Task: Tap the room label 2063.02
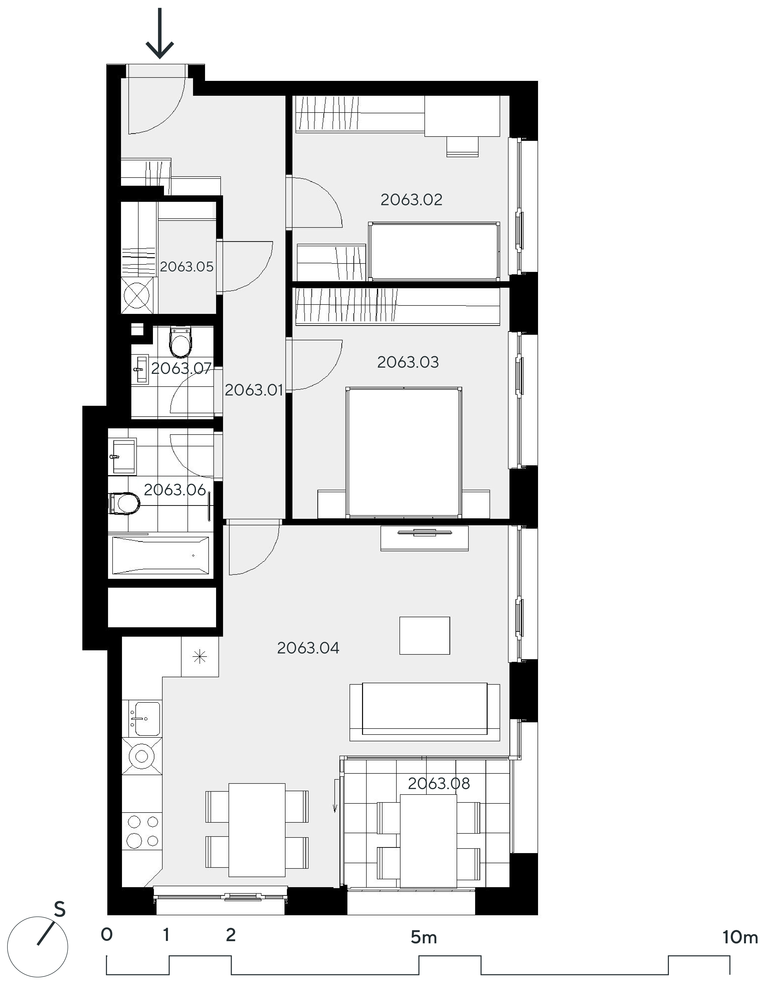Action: (411, 200)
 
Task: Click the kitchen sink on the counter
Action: (145, 718)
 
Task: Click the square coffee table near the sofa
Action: (424, 635)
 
